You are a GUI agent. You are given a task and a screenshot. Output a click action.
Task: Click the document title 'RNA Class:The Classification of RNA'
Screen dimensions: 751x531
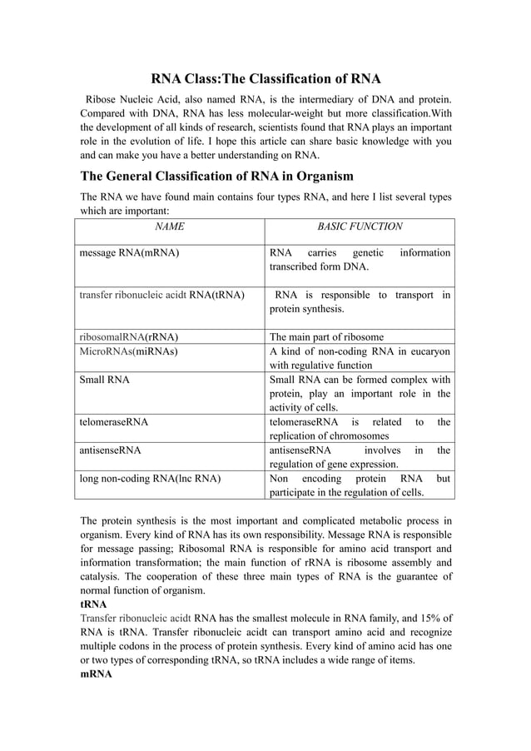(x=265, y=79)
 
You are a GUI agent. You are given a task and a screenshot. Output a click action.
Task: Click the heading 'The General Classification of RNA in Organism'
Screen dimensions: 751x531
(x=216, y=176)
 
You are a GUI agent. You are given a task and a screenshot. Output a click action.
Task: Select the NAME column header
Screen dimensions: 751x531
(x=170, y=226)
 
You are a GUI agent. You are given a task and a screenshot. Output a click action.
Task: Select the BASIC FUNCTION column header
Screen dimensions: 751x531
(x=360, y=226)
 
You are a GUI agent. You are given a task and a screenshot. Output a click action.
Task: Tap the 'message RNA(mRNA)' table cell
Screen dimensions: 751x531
(x=128, y=252)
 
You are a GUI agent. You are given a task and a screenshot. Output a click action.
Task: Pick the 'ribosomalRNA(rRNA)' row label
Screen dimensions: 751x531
(x=128, y=337)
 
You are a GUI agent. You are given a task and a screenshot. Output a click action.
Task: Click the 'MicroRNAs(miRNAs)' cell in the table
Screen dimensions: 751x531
(x=128, y=351)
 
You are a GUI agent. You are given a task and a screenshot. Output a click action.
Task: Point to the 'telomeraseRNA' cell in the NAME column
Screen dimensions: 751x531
(x=113, y=422)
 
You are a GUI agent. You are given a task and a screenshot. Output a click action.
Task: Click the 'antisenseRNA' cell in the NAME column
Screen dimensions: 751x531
(x=110, y=450)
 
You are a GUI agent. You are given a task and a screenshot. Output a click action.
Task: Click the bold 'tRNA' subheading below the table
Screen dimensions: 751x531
(x=92, y=604)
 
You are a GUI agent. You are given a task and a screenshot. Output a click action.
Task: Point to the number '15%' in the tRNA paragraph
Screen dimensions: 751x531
(x=424, y=618)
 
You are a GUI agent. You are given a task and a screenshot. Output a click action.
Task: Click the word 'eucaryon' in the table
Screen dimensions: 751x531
(x=429, y=351)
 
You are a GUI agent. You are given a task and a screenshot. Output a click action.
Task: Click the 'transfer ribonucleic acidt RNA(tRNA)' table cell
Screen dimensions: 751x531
(x=161, y=295)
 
